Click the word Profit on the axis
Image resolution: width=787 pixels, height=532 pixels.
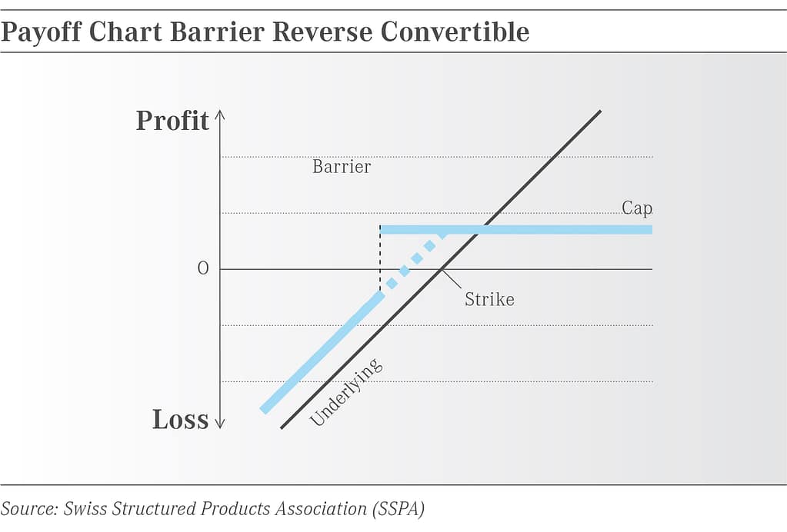pyautogui.click(x=172, y=121)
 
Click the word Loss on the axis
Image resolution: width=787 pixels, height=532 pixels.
pyautogui.click(x=180, y=420)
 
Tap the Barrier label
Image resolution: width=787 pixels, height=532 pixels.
pyautogui.click(x=342, y=167)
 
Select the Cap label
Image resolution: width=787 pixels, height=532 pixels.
pyautogui.click(x=637, y=208)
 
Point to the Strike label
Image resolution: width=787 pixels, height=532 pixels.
pyautogui.click(x=489, y=299)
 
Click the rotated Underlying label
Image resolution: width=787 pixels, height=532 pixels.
pyautogui.click(x=345, y=392)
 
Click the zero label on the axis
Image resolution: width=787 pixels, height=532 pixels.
pyautogui.click(x=203, y=269)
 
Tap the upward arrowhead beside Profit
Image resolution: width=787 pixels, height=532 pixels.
pyautogui.click(x=219, y=116)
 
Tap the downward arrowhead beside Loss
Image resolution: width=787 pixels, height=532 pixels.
pyautogui.click(x=219, y=423)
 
